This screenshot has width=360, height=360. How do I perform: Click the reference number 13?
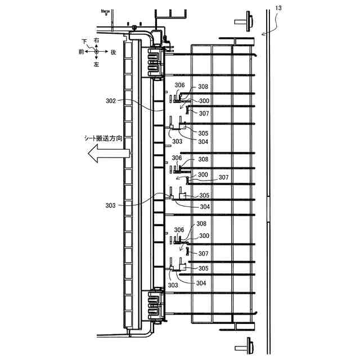click(x=280, y=7)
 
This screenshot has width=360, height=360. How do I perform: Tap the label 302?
click(x=111, y=101)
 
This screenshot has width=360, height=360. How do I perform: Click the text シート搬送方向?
click(x=103, y=138)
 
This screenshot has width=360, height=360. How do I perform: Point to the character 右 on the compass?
click(x=97, y=40)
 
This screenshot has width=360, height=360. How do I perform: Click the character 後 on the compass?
click(x=113, y=52)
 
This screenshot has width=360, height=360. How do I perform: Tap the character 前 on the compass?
click(x=81, y=52)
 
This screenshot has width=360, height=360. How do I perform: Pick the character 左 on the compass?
click(x=97, y=65)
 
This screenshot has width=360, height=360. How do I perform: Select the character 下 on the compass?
click(x=84, y=41)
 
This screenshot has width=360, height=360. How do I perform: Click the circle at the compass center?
click(x=97, y=52)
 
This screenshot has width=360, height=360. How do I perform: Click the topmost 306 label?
click(x=179, y=85)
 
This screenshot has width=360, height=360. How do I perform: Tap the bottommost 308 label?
click(x=201, y=224)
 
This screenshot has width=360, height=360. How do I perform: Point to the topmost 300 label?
click(x=204, y=101)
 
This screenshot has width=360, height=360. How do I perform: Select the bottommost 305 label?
click(x=203, y=268)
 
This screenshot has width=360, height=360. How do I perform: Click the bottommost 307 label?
click(x=203, y=254)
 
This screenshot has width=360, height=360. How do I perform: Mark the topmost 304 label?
click(x=203, y=142)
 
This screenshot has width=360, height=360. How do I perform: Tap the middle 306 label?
click(x=177, y=158)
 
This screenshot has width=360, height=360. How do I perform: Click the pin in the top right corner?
click(x=246, y=21)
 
